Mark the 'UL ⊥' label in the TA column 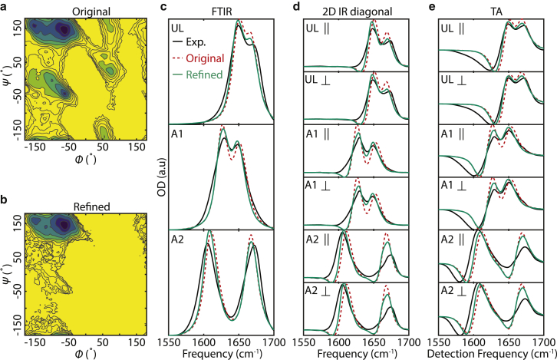(453, 80)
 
